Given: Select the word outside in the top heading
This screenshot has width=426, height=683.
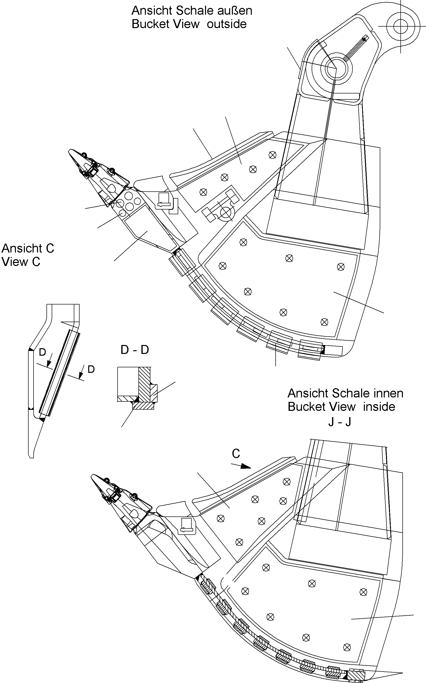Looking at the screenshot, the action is point(227,24).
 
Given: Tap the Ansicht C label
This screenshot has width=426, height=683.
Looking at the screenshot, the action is point(28,248).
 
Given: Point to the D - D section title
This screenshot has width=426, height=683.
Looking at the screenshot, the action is point(135,350).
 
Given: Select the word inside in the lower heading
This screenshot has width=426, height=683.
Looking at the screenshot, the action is point(379,407).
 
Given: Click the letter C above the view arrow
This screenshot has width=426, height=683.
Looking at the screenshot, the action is point(236,454).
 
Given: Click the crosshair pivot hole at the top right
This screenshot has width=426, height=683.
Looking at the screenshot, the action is point(400,27).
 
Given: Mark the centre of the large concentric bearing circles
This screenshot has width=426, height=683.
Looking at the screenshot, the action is point(335,68).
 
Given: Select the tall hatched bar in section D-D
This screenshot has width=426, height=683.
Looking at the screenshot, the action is point(145,384).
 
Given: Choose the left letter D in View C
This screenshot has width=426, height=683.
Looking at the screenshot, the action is point(42,352).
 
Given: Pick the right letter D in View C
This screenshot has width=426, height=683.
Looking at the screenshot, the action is point(91,369).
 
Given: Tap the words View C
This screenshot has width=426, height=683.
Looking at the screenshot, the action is point(21,262).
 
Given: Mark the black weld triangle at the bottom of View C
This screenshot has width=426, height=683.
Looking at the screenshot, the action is point(42,420).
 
